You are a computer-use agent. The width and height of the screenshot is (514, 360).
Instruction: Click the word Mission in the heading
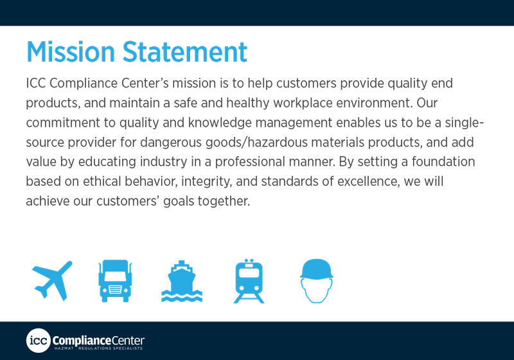tap(71, 52)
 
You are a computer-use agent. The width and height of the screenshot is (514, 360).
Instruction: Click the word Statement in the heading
tap(185, 52)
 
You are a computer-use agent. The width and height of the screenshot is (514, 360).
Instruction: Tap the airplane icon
tap(52, 281)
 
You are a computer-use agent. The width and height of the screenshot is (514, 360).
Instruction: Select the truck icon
tap(115, 281)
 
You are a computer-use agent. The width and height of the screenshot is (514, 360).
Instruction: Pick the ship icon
tap(182, 282)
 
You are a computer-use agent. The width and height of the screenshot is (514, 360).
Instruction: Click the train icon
tap(249, 281)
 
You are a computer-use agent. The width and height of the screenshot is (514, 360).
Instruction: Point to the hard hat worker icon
tap(316, 281)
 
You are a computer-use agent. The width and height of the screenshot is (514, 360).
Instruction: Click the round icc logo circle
tap(39, 341)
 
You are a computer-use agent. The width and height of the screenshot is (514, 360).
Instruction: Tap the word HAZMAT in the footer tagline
tap(64, 348)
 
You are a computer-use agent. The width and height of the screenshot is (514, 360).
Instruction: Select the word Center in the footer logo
tap(128, 340)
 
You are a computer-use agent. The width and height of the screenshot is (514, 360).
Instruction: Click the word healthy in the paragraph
tap(248, 104)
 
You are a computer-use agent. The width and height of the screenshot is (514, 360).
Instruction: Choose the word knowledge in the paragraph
tap(220, 123)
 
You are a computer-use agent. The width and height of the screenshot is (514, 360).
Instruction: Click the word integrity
tap(206, 182)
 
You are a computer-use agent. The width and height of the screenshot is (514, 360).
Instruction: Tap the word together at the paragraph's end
tap(224, 201)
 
